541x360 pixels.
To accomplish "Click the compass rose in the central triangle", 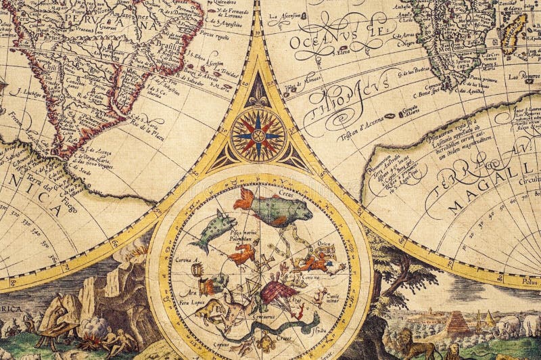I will [x=258, y=135].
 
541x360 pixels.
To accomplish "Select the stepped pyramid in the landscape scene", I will [x=459, y=321].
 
